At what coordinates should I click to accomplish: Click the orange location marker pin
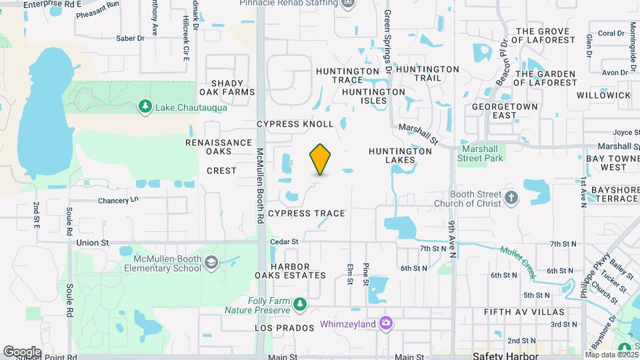click(x=320, y=159)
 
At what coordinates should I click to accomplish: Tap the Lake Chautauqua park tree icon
click(x=145, y=107)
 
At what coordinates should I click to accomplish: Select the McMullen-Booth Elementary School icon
click(x=211, y=262)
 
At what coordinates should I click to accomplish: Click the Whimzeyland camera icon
click(x=385, y=324)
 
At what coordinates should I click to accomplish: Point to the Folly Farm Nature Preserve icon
click(x=300, y=305)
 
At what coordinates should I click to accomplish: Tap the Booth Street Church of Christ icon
click(x=511, y=198)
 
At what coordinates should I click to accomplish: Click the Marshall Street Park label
click(x=480, y=154)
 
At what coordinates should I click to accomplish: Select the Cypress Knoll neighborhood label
click(x=295, y=125)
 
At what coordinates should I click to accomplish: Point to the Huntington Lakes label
click(x=400, y=156)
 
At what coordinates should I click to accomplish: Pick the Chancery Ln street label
click(x=118, y=200)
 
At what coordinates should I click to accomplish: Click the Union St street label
click(x=92, y=243)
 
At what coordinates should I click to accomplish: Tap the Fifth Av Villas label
click(x=524, y=312)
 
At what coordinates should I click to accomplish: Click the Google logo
click(x=21, y=351)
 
